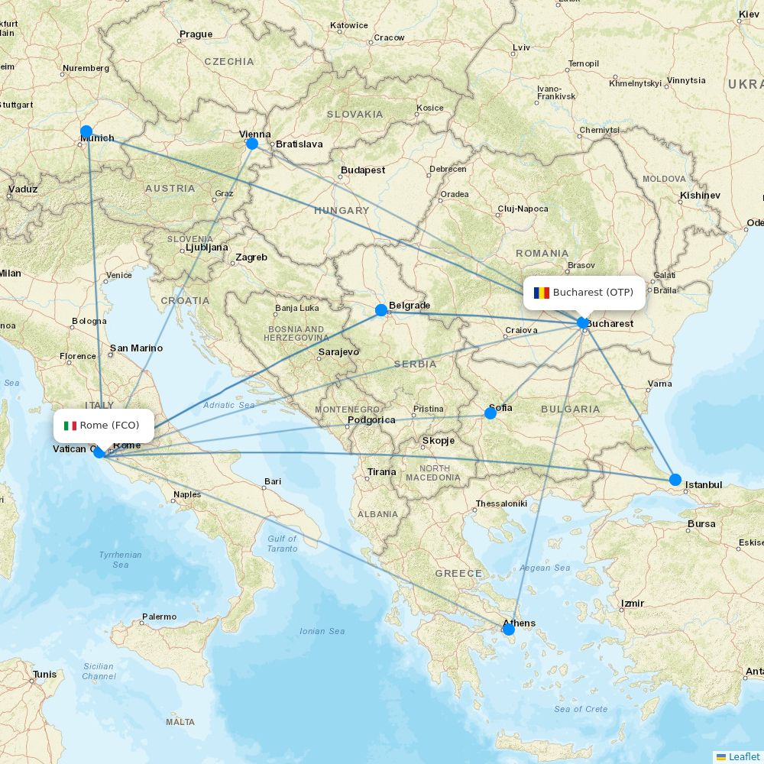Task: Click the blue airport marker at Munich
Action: click(x=86, y=131)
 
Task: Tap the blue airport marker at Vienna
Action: click(x=252, y=143)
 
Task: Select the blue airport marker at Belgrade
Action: click(x=381, y=310)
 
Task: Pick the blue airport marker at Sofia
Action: click(x=490, y=413)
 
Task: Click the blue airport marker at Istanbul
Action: click(x=675, y=480)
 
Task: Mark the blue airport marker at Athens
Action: click(x=509, y=629)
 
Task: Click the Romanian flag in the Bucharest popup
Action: click(x=542, y=293)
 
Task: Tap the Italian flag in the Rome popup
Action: click(x=70, y=426)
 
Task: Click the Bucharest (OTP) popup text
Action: click(x=593, y=293)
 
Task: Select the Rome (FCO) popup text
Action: click(x=109, y=426)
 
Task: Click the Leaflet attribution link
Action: click(x=743, y=756)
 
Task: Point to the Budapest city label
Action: click(x=363, y=170)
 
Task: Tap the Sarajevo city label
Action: click(x=338, y=352)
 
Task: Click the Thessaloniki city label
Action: click(x=501, y=504)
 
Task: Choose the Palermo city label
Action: click(x=159, y=617)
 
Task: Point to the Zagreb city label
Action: click(x=251, y=257)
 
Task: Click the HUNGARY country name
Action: click(x=342, y=211)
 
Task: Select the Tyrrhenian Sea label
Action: click(x=121, y=559)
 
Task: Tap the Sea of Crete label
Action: click(x=581, y=709)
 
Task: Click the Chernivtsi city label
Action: click(x=599, y=130)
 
